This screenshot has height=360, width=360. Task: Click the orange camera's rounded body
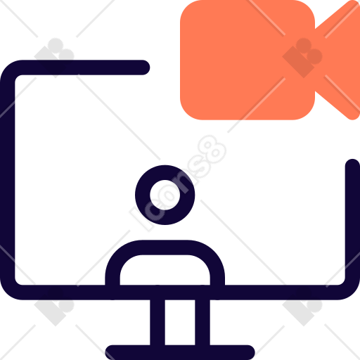click(247, 60)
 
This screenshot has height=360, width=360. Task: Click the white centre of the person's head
click(165, 195)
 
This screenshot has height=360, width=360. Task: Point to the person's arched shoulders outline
click(165, 247)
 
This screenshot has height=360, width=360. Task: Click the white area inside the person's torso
click(165, 270)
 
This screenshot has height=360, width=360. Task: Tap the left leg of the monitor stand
click(157, 323)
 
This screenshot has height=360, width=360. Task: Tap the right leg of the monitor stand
click(202, 323)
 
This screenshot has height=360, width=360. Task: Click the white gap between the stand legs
click(180, 323)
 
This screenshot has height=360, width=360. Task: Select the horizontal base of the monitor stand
click(180, 352)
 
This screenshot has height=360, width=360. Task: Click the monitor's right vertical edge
click(352, 220)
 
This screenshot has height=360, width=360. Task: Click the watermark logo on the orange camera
click(302, 58)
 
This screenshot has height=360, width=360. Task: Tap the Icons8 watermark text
click(178, 183)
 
